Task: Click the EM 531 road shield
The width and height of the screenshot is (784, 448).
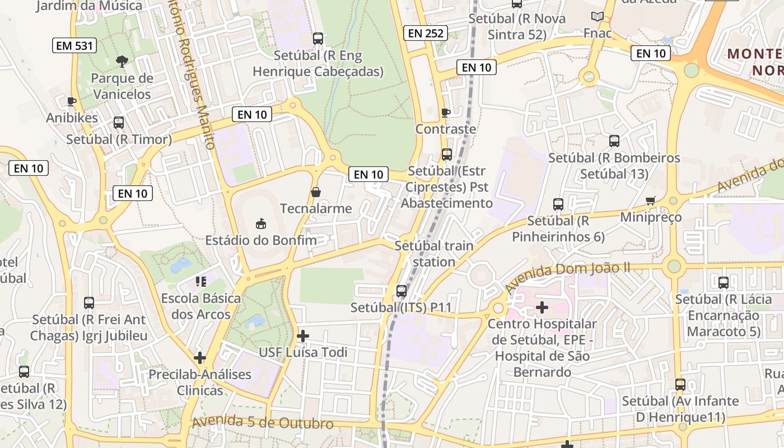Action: [75, 45]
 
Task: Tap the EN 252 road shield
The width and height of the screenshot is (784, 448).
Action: [426, 33]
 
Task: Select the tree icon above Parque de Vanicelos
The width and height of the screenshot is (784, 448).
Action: [122, 61]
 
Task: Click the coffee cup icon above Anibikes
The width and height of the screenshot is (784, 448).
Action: [71, 101]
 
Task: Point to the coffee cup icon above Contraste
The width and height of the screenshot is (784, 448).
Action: [445, 113]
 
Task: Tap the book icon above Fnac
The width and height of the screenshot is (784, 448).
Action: [598, 17]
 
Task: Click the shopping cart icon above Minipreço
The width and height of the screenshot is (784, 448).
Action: [650, 200]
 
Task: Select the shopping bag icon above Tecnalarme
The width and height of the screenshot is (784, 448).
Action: [316, 192]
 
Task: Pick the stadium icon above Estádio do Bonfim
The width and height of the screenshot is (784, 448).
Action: [260, 224]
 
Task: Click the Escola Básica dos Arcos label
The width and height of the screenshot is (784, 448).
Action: [200, 306]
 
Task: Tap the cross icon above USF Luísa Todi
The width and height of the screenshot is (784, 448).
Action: [303, 336]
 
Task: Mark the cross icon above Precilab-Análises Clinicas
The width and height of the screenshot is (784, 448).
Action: [200, 358]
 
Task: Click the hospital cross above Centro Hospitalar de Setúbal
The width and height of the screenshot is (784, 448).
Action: [542, 307]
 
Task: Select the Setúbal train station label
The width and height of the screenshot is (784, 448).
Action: [434, 254]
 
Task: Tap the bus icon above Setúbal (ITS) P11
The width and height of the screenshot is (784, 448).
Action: [401, 291]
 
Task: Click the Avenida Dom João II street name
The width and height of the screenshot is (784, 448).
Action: [567, 275]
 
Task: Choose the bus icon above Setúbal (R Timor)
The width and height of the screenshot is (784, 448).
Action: [119, 123]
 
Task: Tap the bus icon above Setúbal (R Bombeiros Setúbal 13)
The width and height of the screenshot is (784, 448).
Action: [614, 141]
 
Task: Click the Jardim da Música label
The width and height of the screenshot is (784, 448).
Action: [89, 6]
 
